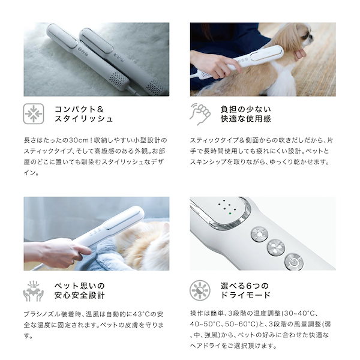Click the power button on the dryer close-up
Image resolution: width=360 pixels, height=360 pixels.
click(x=293, y=262)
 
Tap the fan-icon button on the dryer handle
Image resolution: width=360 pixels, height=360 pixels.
click(x=275, y=248)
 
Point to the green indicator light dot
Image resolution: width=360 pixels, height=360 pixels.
click(x=230, y=211)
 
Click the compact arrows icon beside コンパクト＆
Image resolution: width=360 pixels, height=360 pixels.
click(x=34, y=113)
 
